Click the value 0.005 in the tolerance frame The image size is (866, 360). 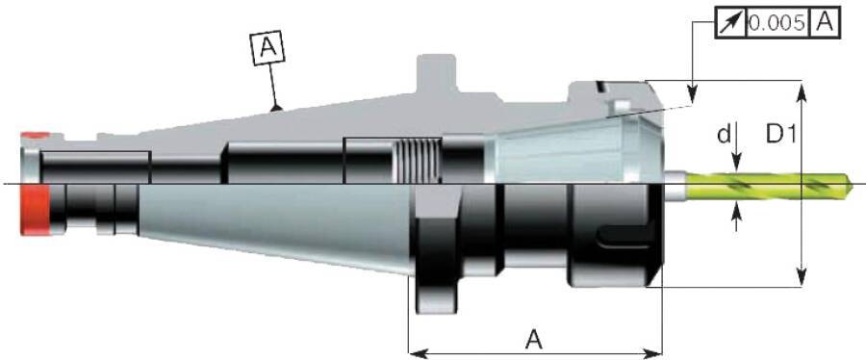[777, 23]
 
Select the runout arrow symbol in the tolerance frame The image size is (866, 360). [731, 23]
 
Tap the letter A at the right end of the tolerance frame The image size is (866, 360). [825, 23]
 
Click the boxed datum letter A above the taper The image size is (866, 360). [267, 46]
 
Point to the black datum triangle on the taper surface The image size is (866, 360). [277, 107]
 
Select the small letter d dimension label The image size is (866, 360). [724, 134]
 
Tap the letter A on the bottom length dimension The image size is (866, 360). [533, 339]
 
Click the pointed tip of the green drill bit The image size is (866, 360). [852, 185]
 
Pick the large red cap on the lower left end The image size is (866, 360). [36, 211]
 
